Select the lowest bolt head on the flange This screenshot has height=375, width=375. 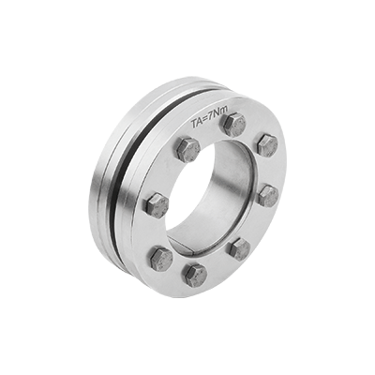[195, 274]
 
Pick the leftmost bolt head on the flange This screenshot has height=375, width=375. [157, 204]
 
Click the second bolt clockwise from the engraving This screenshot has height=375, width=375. [266, 144]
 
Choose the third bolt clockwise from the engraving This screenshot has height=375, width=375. [267, 195]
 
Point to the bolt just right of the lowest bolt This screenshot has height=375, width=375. [238, 248]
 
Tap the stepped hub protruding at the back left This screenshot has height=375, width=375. [99, 187]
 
